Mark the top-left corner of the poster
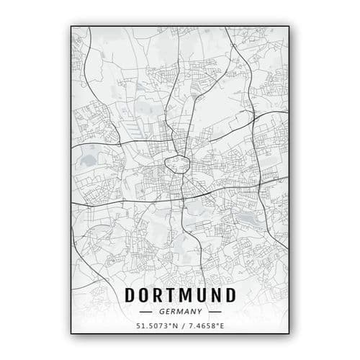71,26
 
